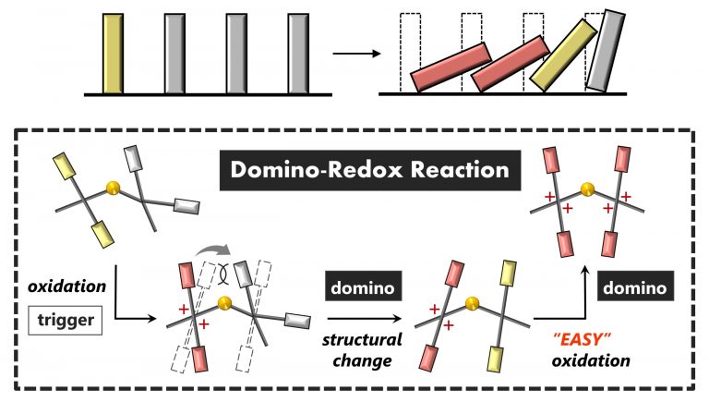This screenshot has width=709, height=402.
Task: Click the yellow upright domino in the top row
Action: (x=113, y=54)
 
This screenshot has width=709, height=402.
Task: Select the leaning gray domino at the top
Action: (x=606, y=50)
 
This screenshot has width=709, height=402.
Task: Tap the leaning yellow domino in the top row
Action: (x=564, y=55)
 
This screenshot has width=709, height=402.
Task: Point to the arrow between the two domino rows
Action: (x=356, y=54)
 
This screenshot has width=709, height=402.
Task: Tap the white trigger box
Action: (x=66, y=320)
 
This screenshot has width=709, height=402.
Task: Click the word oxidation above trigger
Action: (x=66, y=286)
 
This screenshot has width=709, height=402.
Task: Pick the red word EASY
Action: (x=582, y=338)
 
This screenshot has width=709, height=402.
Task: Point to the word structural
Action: (x=362, y=339)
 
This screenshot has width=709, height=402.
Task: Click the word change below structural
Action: (x=362, y=360)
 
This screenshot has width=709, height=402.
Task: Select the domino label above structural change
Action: (x=363, y=287)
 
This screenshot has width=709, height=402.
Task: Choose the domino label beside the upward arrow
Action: (x=635, y=287)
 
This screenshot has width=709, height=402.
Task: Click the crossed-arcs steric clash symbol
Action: (x=222, y=274)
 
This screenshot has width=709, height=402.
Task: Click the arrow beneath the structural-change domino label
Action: (x=364, y=319)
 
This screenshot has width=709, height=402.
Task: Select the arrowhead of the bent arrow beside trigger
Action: (x=151, y=319)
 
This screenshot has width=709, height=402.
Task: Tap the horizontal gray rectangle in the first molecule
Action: (x=186, y=206)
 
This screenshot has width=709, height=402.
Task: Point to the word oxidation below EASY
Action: (x=591, y=360)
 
